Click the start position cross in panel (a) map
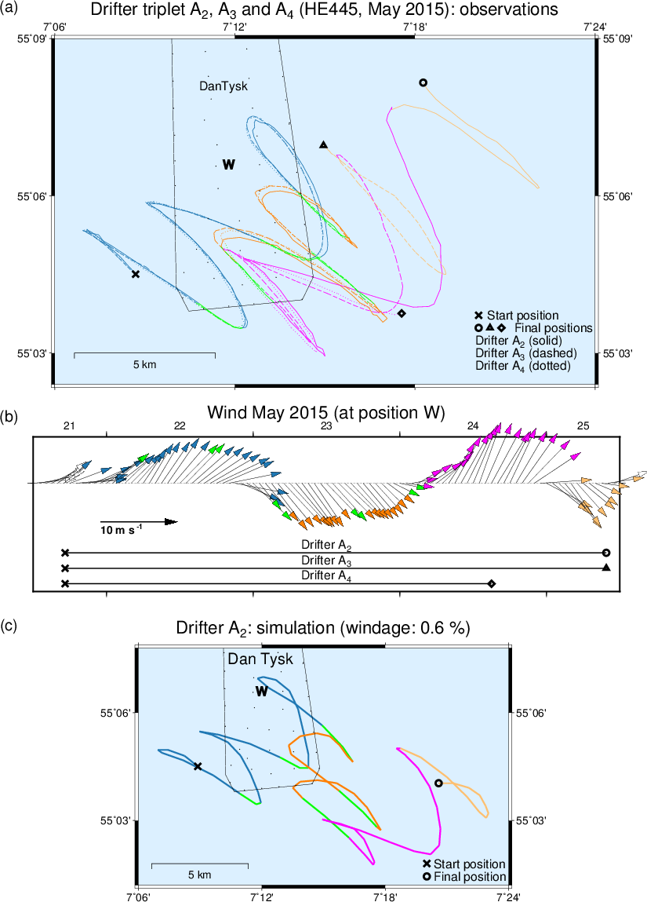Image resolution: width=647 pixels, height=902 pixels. tap(136, 274)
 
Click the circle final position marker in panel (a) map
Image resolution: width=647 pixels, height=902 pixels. tap(423, 82)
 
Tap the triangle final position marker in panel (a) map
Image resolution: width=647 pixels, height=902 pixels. tap(323, 145)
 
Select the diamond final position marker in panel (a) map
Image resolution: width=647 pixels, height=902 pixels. tap(402, 313)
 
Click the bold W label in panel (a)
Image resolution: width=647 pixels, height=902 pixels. tap(228, 165)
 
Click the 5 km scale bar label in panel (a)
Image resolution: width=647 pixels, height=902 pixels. tap(144, 364)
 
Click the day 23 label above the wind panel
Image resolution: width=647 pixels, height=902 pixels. tap(326, 425)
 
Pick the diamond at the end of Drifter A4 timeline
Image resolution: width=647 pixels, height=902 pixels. tap(492, 583)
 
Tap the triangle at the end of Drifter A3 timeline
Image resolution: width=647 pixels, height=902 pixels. tap(605, 568)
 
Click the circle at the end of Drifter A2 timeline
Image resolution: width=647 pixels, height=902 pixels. tap(605, 553)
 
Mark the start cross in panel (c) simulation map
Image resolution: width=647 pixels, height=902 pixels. tap(198, 766)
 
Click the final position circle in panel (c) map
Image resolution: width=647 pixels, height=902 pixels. tap(438, 783)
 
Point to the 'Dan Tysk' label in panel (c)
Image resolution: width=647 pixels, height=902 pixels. tap(260, 659)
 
